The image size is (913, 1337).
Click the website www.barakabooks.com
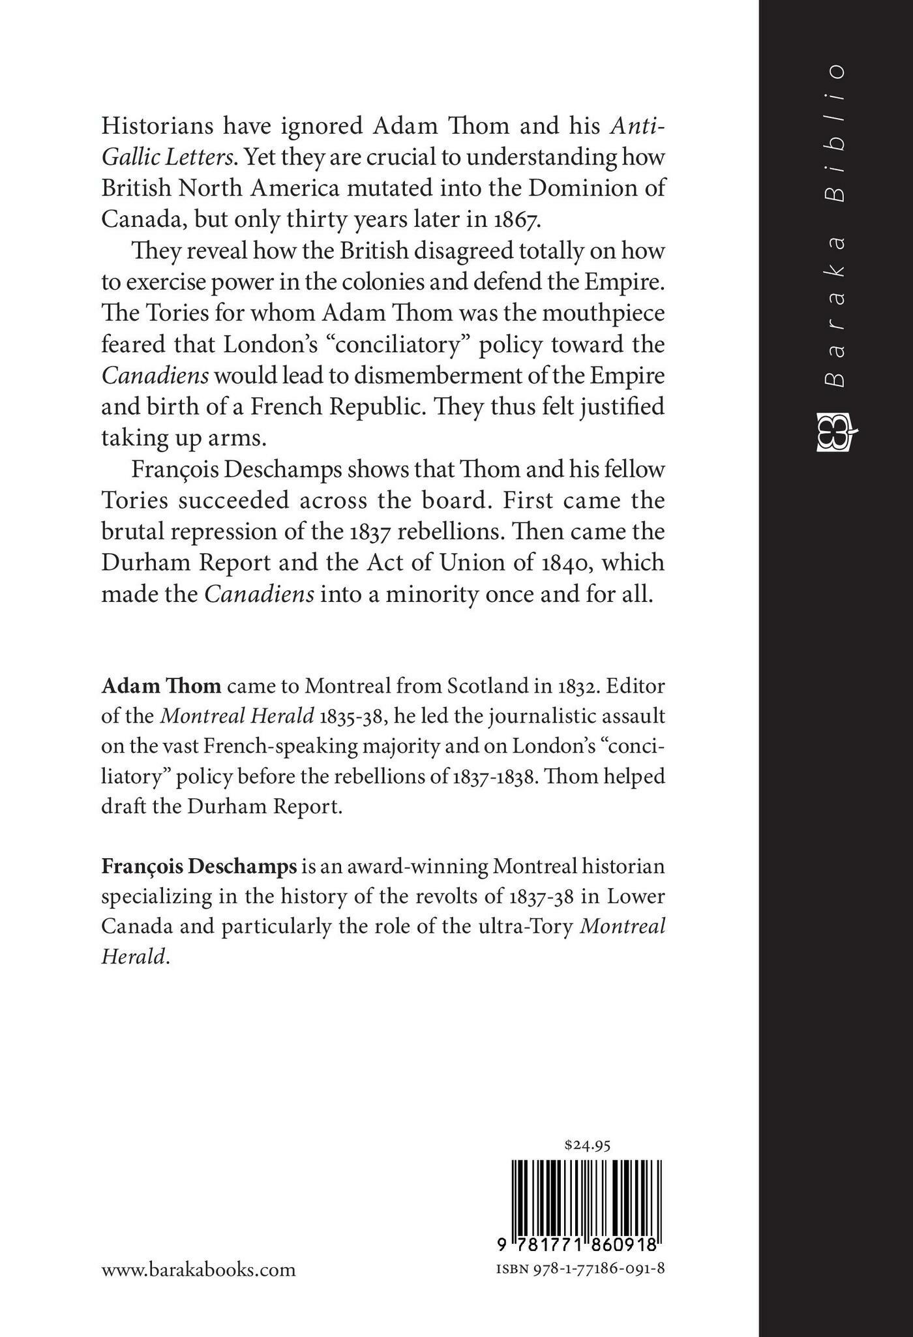click(198, 1270)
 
